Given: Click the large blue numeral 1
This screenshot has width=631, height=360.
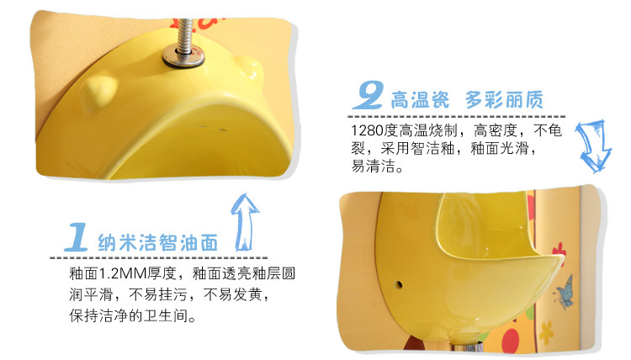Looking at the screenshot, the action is (77, 237).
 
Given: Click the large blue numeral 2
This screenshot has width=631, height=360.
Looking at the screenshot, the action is (369, 95).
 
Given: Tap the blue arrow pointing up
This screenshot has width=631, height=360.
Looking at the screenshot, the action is (245, 222).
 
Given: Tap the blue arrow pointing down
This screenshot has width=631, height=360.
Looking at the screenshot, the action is (593, 146).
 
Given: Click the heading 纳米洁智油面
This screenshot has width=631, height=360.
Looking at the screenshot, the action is (158, 242).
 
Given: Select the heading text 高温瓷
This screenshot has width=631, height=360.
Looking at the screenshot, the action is (420, 99).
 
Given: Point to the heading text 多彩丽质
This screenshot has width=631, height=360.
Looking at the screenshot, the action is (504, 99).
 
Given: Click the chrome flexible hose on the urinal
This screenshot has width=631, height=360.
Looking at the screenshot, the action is (185, 35).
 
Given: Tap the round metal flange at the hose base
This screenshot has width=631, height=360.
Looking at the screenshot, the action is (183, 56).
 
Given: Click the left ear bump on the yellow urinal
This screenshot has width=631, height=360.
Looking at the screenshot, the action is (98, 93).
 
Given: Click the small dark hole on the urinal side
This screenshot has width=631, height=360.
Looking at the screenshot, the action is (399, 285).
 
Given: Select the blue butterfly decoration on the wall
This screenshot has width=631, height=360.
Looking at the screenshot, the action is (564, 293).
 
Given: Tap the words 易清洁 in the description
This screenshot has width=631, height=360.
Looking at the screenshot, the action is (373, 166).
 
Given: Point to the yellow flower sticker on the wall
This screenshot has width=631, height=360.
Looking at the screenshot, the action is (546, 332).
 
